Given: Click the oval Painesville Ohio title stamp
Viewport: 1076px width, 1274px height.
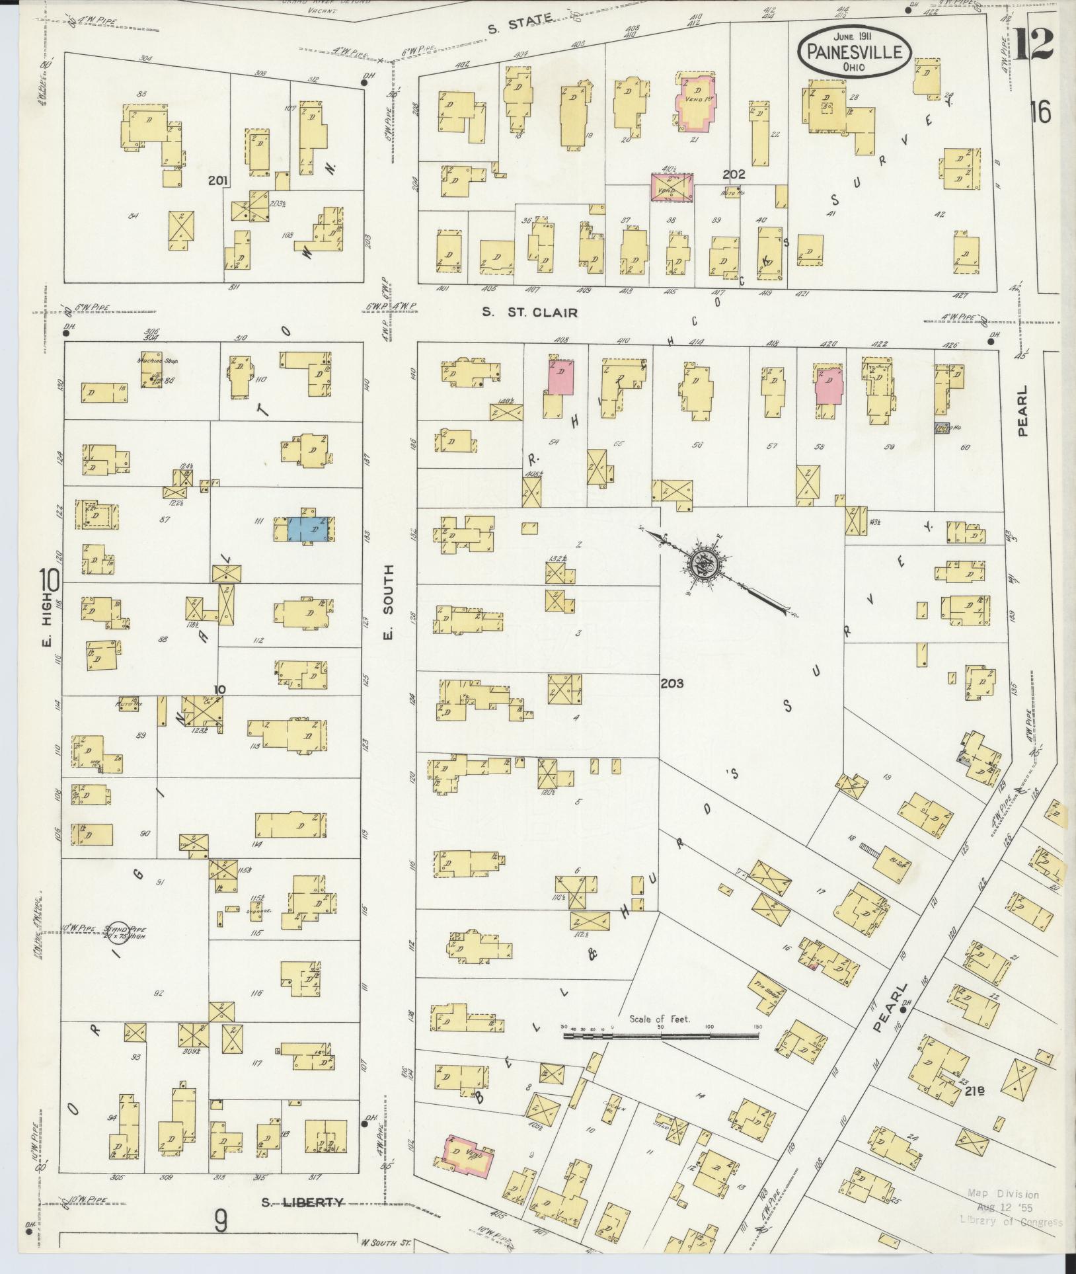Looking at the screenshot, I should coord(855,50).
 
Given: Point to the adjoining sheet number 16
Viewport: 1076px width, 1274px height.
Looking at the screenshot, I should coord(1040,112).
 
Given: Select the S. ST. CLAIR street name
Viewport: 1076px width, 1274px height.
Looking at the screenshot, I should coord(529,313).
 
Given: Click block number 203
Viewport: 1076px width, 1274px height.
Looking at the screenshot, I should coord(672,684).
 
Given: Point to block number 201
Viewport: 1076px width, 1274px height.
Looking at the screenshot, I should coord(217,180).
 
